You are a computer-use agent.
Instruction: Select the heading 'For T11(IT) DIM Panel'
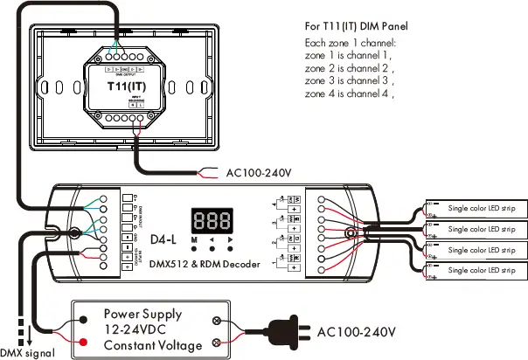(358, 26)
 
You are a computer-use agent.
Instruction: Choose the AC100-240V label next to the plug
(356, 332)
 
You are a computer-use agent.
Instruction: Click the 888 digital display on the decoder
(212, 219)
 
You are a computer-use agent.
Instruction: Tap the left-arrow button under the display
(212, 239)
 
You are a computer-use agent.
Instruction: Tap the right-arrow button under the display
(230, 239)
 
